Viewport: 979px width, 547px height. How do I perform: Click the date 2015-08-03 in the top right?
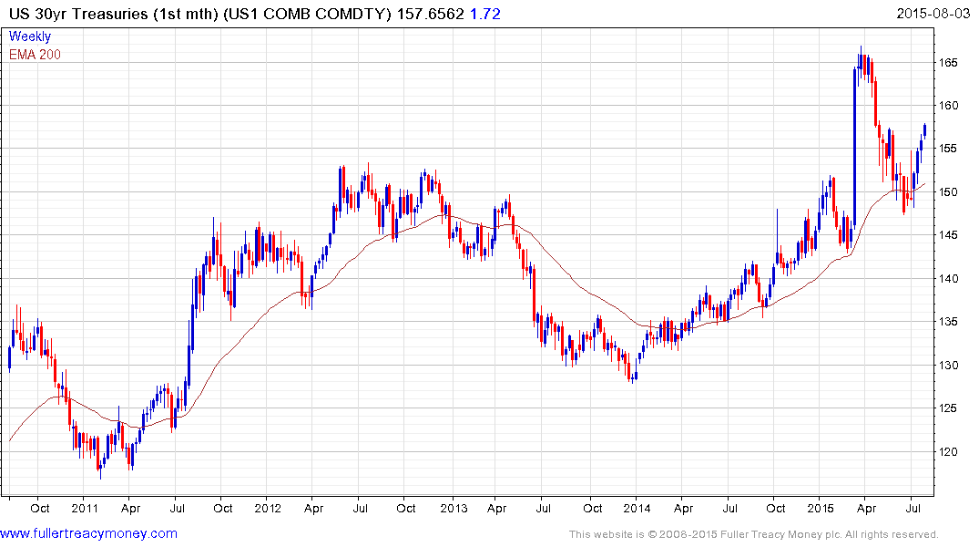(933, 13)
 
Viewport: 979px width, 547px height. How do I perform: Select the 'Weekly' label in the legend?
(30, 37)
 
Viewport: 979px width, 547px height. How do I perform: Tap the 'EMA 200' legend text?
(35, 55)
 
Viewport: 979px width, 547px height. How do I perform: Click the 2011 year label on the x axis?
(84, 508)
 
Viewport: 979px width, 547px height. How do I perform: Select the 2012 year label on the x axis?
(268, 508)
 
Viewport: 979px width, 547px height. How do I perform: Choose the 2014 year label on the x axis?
(637, 508)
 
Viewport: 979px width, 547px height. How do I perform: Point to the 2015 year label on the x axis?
(821, 508)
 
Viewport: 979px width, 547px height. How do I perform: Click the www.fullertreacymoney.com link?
(88, 533)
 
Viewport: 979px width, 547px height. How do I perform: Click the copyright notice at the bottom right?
(754, 534)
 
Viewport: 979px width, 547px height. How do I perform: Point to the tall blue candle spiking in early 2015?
(854, 146)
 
